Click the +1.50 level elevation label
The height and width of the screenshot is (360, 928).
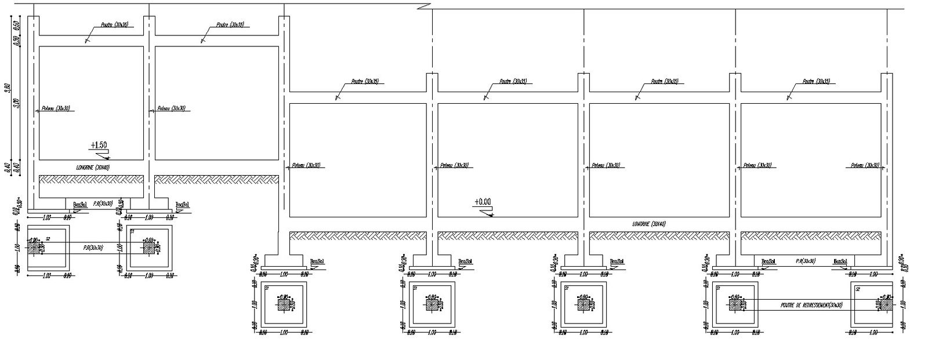(x=99, y=145)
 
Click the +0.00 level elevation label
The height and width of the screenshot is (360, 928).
(x=482, y=202)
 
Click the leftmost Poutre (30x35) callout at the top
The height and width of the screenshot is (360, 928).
(x=99, y=26)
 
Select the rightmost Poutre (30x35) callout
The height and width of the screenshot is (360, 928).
(x=817, y=82)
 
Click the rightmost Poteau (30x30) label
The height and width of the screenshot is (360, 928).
(x=865, y=165)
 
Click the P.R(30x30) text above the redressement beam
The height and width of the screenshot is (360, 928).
(x=806, y=262)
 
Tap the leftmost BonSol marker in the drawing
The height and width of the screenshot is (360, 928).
(x=79, y=204)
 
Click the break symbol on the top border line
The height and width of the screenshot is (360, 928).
(x=423, y=7)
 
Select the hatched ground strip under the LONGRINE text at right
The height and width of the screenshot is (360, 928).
(x=659, y=235)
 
